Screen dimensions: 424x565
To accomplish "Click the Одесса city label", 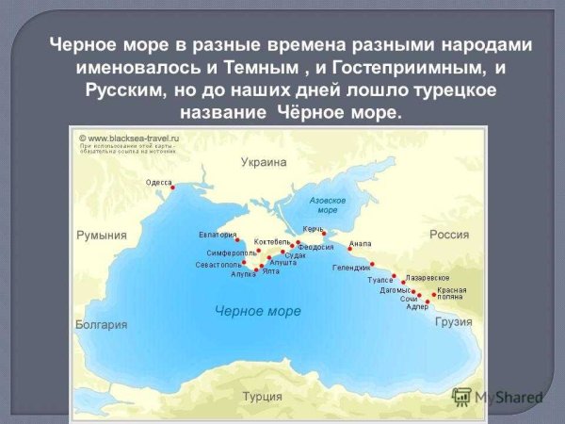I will pos(159,182).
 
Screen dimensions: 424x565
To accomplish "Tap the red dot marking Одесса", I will pos(173,189).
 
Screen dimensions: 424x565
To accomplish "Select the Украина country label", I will pos(263,162).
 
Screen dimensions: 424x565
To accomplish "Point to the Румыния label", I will pos(101,235).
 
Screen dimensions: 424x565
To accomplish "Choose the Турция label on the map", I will pos(263,396).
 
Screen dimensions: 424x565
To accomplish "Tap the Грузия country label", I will pos(454,321).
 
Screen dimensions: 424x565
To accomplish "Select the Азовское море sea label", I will pos(328,205).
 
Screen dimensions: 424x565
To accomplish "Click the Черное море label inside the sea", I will pos(257,311).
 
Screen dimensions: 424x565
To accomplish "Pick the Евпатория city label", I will pos(216,233).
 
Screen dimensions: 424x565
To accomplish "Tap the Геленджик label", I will pos(351,267).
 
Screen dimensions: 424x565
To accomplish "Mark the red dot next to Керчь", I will pos(323,234).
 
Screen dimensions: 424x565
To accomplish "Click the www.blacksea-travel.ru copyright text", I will pos(131,138).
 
